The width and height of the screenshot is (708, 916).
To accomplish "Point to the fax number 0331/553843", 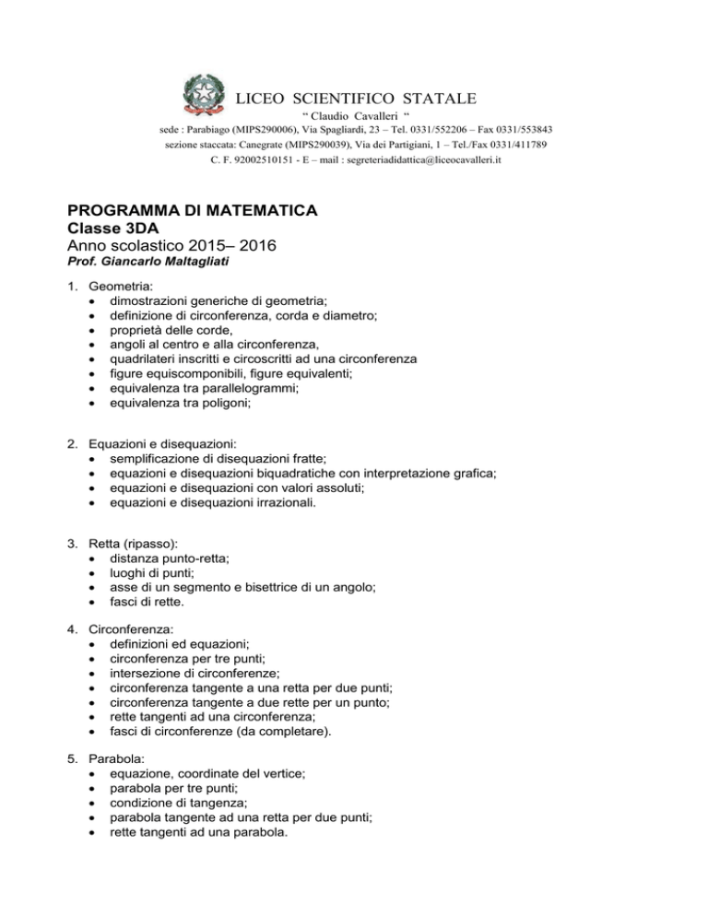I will [x=522, y=130].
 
